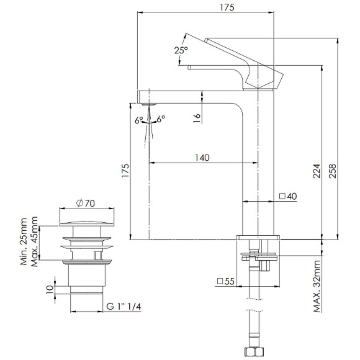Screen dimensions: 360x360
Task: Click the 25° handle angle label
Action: tap(181, 50)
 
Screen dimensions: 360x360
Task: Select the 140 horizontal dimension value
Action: tap(202, 158)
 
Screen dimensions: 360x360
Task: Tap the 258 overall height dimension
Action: tap(333, 171)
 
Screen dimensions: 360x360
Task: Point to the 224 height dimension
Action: tap(317, 171)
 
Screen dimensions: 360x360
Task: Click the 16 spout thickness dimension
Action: tap(197, 118)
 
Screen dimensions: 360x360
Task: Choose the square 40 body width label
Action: tap(288, 196)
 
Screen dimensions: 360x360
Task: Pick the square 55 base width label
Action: tap(226, 281)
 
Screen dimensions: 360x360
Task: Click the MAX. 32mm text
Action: tap(317, 286)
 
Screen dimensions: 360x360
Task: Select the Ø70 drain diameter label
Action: tap(86, 203)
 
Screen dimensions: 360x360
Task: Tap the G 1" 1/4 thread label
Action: tap(124, 306)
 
